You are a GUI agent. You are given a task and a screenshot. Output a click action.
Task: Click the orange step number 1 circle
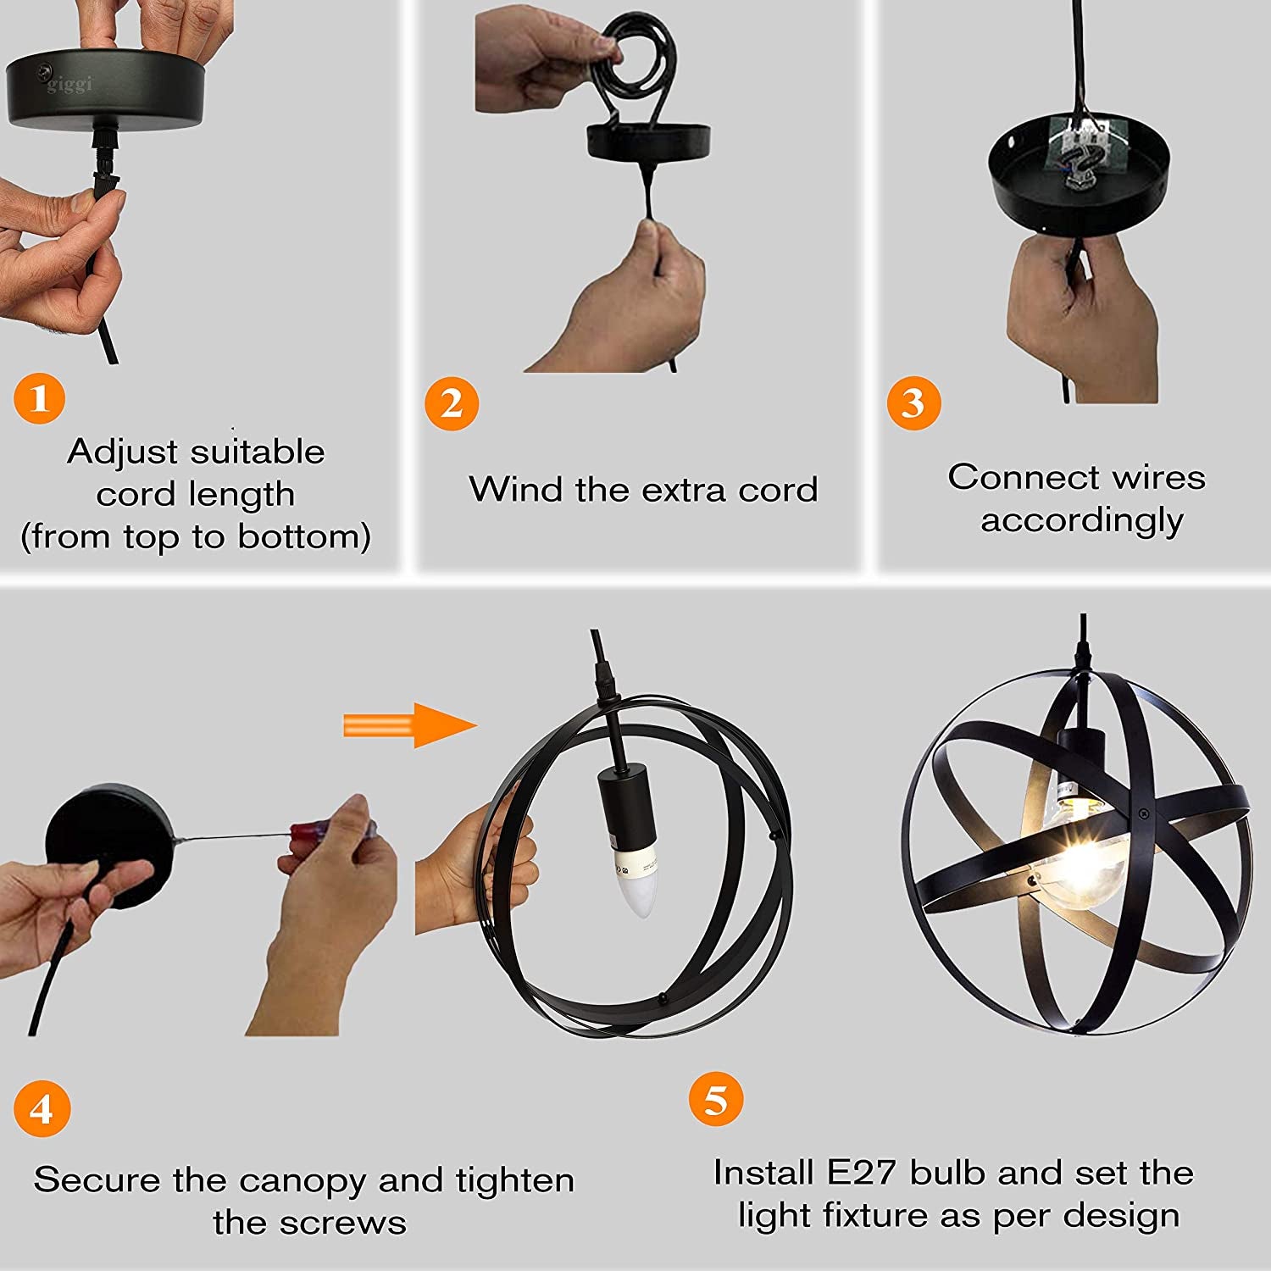click(x=40, y=397)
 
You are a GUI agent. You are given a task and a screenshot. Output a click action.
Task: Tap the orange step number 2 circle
click(x=452, y=403)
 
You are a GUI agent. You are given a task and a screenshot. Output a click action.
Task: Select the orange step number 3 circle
click(x=913, y=402)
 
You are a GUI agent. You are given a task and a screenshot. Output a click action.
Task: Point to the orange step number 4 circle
click(x=42, y=1109)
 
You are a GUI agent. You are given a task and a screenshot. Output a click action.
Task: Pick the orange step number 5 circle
click(x=716, y=1100)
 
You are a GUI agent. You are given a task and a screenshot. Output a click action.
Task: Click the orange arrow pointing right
click(x=410, y=725)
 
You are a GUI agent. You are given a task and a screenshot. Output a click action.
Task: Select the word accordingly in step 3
click(x=1082, y=521)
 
